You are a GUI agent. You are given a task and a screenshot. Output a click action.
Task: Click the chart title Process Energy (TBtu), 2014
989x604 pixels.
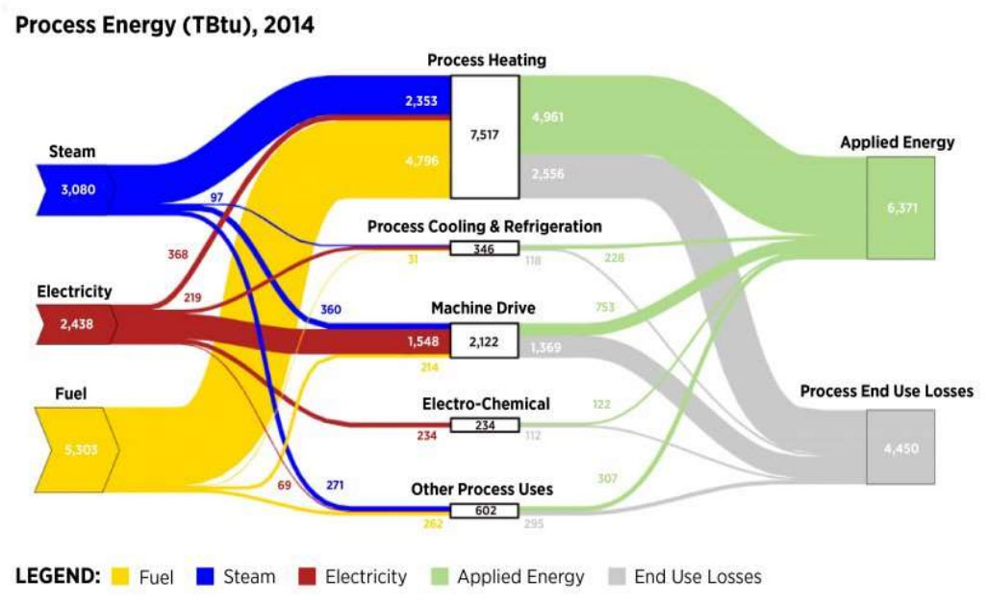pos(165,24)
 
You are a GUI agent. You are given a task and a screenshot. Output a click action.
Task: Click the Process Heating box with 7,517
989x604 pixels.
pos(485,135)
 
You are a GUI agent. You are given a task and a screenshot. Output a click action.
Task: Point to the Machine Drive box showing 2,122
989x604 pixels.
pos(484,340)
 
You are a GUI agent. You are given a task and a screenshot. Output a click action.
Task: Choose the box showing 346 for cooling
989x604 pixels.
pos(484,249)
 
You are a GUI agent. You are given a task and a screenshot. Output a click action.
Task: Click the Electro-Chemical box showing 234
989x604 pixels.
pos(484,425)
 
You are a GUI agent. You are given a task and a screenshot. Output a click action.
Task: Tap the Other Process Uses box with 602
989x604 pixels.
pos(484,511)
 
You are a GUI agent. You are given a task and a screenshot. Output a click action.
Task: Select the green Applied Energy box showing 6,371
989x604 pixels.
pos(900,208)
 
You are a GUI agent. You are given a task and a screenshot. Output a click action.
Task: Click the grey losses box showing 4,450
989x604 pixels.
pos(900,447)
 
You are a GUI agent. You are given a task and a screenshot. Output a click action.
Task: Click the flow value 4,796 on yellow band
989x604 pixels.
pos(419,161)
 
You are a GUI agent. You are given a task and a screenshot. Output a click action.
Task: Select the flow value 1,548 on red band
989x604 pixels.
pos(419,340)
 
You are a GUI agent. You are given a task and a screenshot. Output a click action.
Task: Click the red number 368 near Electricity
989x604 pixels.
pos(179,255)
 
